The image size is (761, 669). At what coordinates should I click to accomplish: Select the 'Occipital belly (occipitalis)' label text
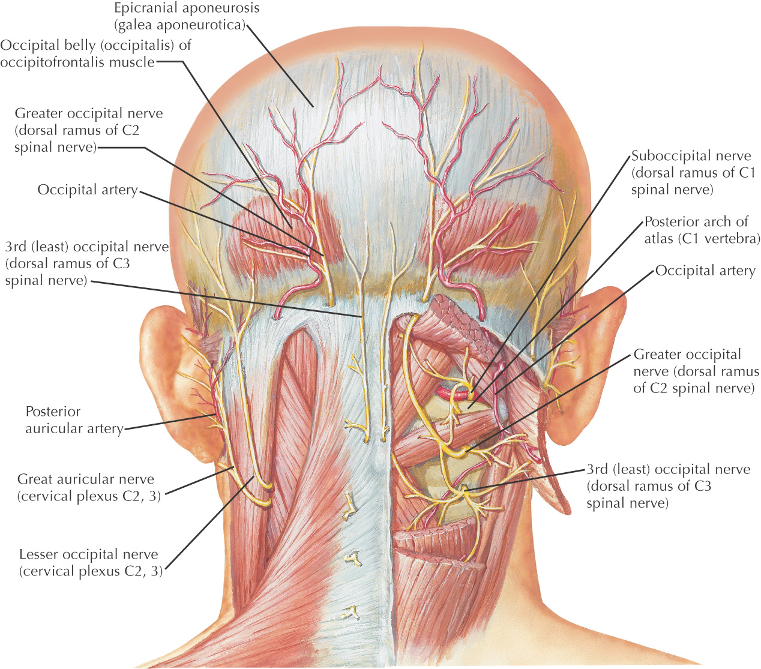(95, 53)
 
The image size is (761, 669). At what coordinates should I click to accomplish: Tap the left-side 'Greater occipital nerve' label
(88, 130)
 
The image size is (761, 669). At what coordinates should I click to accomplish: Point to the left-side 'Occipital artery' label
(88, 190)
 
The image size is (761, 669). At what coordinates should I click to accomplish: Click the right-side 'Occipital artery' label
(705, 271)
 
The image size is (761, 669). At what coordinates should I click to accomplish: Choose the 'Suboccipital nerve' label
(690, 173)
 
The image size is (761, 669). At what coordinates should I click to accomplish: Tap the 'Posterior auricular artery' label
(74, 420)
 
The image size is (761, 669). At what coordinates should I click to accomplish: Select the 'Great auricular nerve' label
(89, 488)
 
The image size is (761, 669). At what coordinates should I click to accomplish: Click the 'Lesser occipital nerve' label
(91, 563)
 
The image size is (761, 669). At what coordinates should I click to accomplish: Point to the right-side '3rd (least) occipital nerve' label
(667, 486)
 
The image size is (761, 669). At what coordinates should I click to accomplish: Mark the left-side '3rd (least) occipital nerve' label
(86, 263)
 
